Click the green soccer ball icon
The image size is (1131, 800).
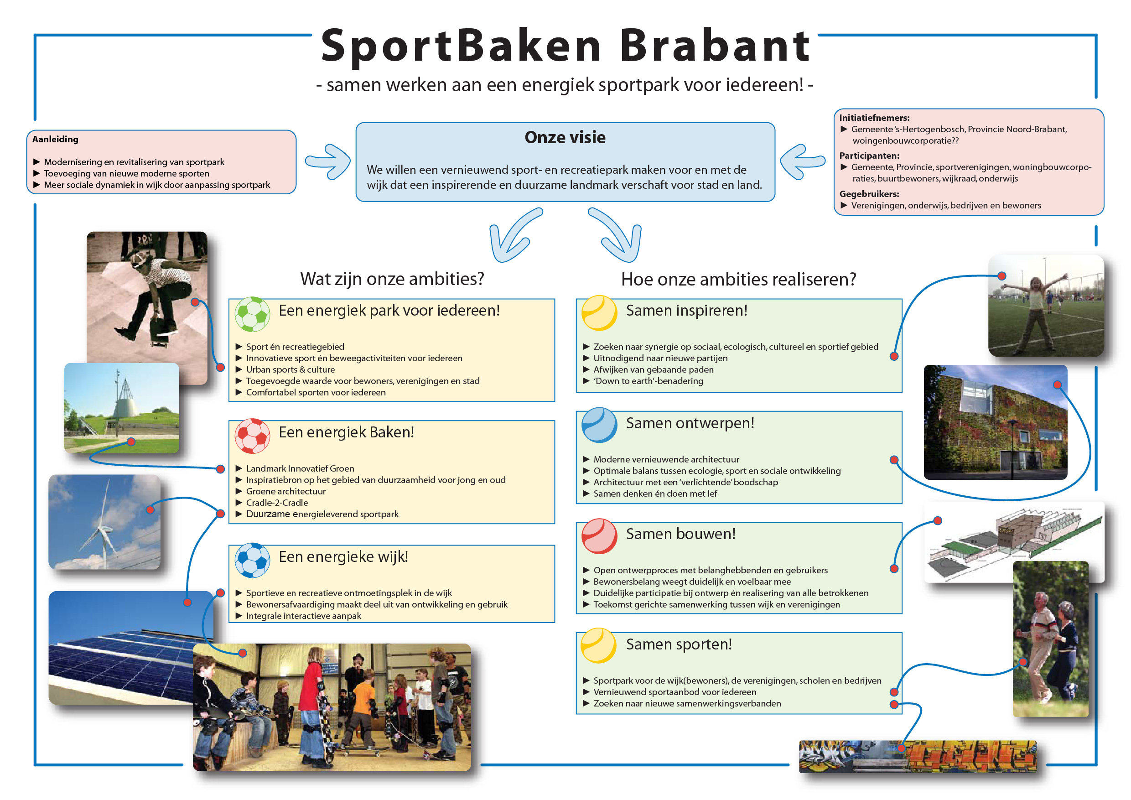252,314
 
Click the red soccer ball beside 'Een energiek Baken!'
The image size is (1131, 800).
252,436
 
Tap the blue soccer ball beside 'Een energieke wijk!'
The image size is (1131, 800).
252,560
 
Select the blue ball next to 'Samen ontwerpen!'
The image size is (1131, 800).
599,425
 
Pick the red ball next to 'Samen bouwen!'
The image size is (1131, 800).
599,536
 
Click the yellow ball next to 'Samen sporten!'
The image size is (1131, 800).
598,645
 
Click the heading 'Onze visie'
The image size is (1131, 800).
565,137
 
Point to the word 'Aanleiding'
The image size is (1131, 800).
55,139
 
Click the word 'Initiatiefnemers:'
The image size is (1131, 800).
874,118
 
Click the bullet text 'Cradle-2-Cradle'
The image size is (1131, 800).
277,503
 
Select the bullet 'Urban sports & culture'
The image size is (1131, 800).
290,369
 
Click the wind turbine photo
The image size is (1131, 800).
104,522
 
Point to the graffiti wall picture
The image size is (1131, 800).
917,756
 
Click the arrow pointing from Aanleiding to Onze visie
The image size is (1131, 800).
327,161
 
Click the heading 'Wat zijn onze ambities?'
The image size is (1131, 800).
392,279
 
